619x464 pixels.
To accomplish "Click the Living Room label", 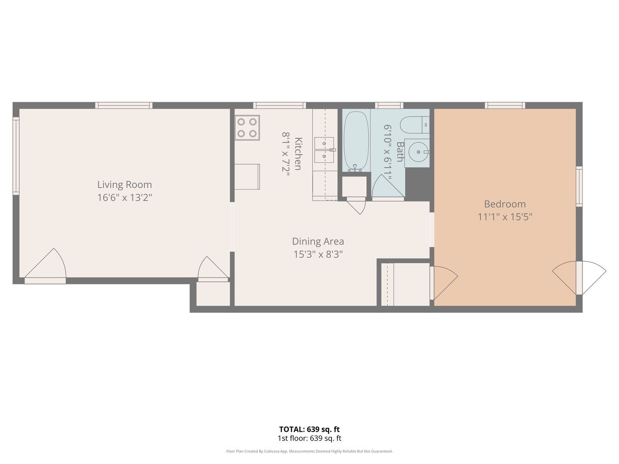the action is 125,185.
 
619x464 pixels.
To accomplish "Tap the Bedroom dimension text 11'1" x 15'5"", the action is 505,217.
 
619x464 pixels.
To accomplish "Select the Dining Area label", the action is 318,241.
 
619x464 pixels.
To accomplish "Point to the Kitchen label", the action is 298,154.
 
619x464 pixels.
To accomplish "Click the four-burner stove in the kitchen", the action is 247,128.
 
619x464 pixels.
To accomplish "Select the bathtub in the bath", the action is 356,141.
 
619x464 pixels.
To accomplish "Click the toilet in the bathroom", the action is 414,125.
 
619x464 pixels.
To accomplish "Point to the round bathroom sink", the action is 418,152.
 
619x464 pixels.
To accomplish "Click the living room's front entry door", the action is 46,266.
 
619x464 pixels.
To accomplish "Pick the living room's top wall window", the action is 124,105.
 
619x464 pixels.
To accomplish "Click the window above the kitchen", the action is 279,105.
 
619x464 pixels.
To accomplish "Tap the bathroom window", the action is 389,105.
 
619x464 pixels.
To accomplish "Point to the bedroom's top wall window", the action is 505,105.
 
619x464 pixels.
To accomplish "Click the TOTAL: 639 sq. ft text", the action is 309,429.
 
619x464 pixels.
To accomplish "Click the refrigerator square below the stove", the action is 247,177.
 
